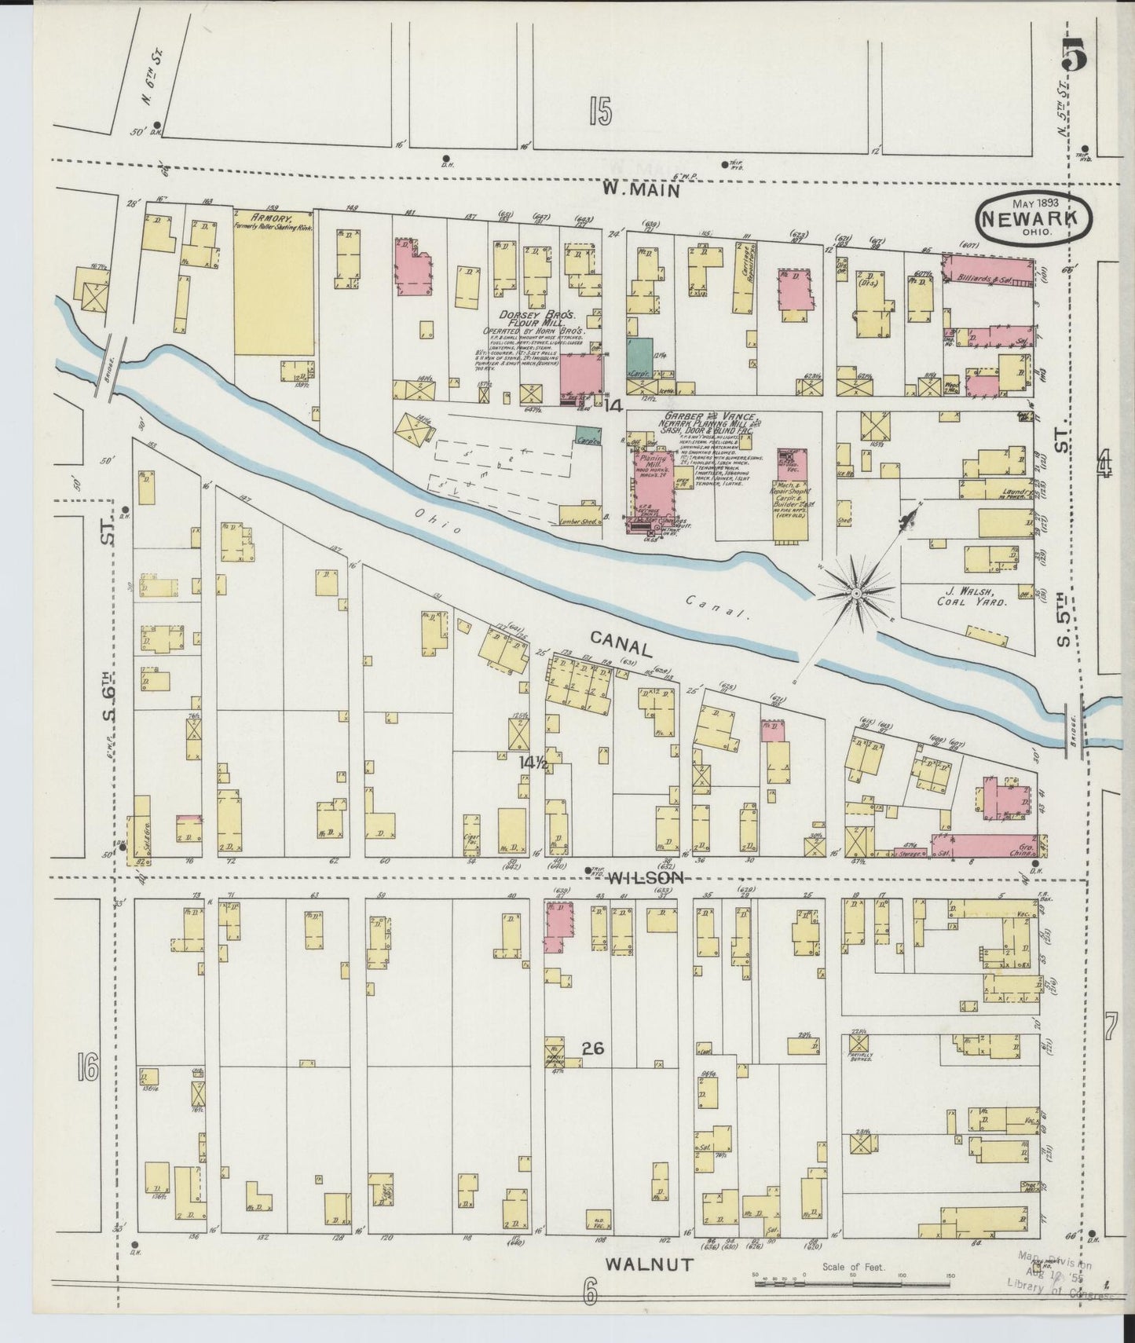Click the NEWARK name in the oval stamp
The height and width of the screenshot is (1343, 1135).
(1033, 213)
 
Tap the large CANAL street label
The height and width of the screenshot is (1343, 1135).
(621, 646)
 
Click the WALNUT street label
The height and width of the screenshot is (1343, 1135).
(650, 1264)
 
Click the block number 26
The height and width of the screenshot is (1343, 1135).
(593, 1048)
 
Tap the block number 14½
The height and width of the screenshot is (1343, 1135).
(532, 761)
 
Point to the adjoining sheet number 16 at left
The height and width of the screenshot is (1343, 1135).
(86, 1067)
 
